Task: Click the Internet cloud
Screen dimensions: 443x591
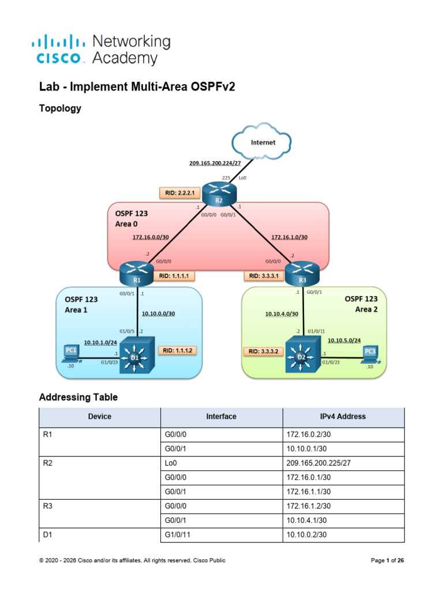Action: pyautogui.click(x=261, y=141)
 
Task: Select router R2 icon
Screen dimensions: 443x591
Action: pyautogui.click(x=219, y=194)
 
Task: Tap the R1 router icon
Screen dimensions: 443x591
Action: pyautogui.click(x=137, y=274)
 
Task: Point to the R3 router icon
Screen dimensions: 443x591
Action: pyautogui.click(x=302, y=274)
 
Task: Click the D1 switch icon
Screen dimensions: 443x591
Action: pyautogui.click(x=137, y=355)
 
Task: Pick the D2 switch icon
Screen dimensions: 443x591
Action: pyautogui.click(x=303, y=355)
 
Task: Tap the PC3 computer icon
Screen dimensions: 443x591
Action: pyautogui.click(x=370, y=354)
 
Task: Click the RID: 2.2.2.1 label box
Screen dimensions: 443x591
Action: pyautogui.click(x=180, y=193)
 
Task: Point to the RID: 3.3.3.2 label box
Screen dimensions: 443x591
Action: pyautogui.click(x=263, y=351)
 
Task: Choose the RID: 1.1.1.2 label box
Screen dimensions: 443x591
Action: pyautogui.click(x=178, y=350)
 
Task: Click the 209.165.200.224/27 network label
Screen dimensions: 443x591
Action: pyautogui.click(x=215, y=163)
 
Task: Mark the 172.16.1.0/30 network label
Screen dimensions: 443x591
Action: pyautogui.click(x=290, y=237)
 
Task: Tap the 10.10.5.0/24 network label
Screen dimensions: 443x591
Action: pyautogui.click(x=344, y=341)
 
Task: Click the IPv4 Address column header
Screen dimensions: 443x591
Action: pyautogui.click(x=343, y=417)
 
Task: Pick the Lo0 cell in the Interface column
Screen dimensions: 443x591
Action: pyautogui.click(x=221, y=463)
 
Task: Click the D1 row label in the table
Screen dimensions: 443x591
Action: pyautogui.click(x=47, y=534)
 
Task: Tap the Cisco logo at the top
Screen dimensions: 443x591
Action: pyautogui.click(x=58, y=50)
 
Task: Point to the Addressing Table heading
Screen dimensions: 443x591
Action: pyautogui.click(x=78, y=397)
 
